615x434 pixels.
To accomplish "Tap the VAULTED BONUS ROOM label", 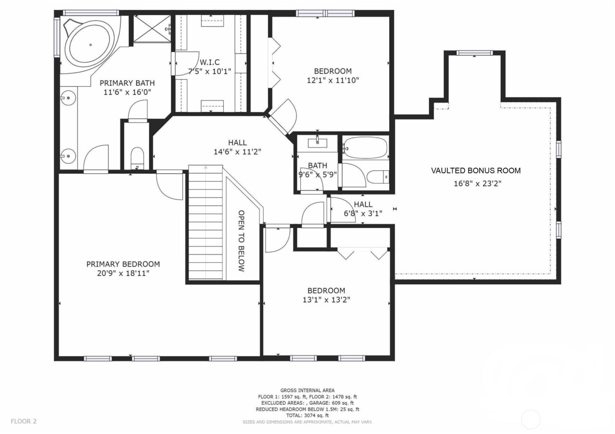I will click(x=476, y=171).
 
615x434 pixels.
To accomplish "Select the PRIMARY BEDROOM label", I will click(x=123, y=264).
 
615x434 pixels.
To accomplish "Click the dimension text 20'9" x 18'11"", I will click(x=123, y=273).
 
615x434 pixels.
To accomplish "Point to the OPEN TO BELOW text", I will click(x=241, y=241).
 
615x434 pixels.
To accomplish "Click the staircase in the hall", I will click(x=206, y=224).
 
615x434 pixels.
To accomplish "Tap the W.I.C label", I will click(x=210, y=62).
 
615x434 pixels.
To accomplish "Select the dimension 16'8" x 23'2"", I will click(x=478, y=183).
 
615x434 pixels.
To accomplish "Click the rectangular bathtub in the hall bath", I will click(x=365, y=148).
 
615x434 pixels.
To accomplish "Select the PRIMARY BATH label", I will click(x=127, y=83).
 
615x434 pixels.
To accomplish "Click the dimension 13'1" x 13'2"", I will click(x=326, y=300).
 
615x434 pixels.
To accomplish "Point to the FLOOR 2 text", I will click(x=24, y=421).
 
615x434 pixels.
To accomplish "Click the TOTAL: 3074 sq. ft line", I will click(x=307, y=415).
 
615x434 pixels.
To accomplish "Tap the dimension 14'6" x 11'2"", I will click(x=237, y=152).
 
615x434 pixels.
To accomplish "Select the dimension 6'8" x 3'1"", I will click(x=363, y=214).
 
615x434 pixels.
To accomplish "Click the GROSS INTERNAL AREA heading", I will click(x=307, y=390).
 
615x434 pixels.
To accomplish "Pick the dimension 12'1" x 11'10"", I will click(x=333, y=80).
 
